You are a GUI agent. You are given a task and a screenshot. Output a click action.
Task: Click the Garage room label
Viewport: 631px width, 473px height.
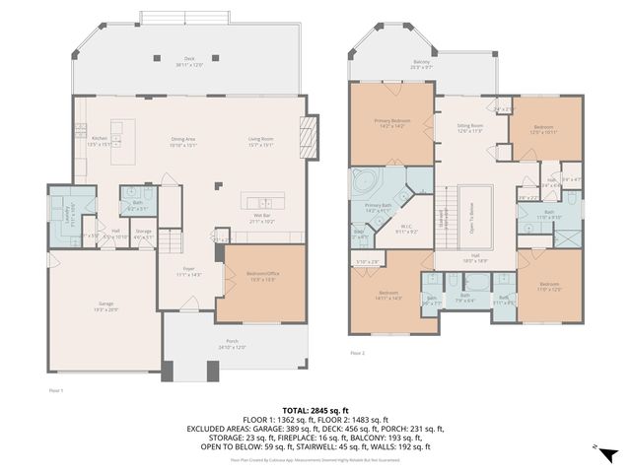coord(105,304)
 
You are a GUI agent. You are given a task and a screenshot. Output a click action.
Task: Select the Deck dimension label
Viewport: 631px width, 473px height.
coord(189,64)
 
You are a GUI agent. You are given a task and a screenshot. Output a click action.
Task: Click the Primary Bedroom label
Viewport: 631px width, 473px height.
coord(392,124)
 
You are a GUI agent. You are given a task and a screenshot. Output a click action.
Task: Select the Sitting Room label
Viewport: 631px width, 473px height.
coord(469,128)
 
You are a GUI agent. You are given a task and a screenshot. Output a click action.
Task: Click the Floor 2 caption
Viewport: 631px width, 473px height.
coord(357,352)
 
